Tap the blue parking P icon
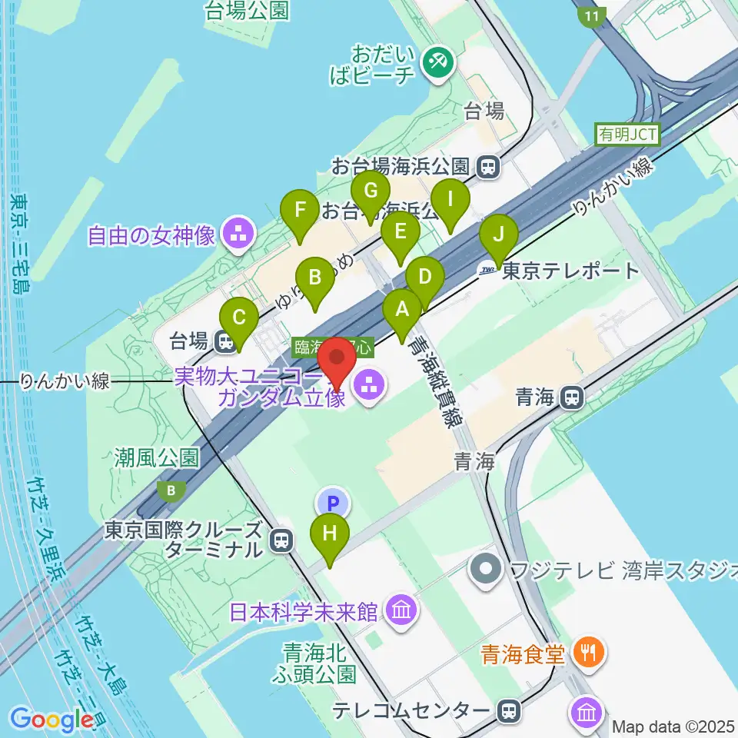[333, 504]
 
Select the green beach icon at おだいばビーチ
[439, 62]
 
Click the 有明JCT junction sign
[627, 134]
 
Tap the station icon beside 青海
[571, 397]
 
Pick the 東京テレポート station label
[570, 271]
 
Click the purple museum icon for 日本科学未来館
[401, 612]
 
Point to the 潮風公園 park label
[158, 458]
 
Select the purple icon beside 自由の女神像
[237, 235]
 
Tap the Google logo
[52, 720]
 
